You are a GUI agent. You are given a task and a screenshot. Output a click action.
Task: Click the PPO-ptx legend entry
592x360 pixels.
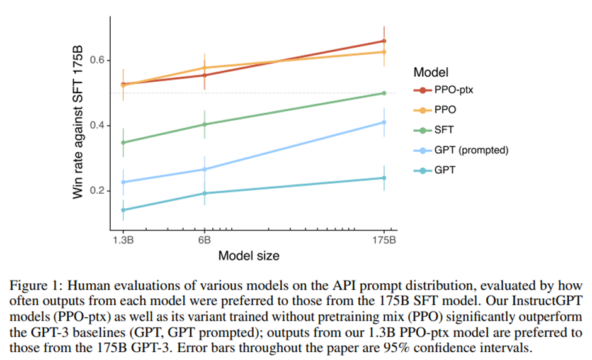point(453,90)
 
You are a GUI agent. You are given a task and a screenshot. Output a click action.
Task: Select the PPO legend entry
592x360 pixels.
point(444,110)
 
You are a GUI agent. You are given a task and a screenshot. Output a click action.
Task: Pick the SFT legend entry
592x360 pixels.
point(443,130)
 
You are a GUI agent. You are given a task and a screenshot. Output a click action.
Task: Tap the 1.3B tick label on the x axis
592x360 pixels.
point(123,240)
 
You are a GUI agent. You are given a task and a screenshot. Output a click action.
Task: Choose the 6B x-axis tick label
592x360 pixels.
point(204,240)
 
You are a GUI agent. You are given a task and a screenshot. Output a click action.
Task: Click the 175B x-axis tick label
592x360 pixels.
point(384,240)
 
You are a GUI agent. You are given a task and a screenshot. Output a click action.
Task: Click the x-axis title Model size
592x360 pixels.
point(249,256)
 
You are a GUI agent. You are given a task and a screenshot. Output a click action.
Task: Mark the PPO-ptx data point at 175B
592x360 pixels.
point(384,41)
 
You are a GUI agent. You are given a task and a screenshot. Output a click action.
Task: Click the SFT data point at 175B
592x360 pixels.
point(384,93)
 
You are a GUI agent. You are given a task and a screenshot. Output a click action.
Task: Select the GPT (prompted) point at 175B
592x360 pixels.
point(384,122)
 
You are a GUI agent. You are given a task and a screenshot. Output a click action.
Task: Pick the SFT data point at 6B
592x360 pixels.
point(204,124)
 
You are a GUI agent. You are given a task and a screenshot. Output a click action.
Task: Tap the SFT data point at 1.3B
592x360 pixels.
point(123,142)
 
